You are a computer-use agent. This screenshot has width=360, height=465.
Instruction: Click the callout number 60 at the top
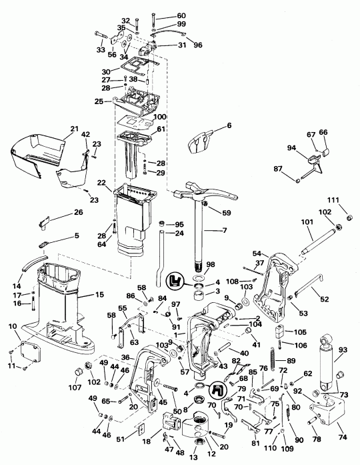pos(163,15)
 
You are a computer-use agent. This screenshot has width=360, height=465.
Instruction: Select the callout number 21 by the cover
pos(74,128)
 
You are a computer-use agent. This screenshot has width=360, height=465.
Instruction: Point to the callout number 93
pos(343,350)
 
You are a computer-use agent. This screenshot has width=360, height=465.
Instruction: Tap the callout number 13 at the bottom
pos(195,458)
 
